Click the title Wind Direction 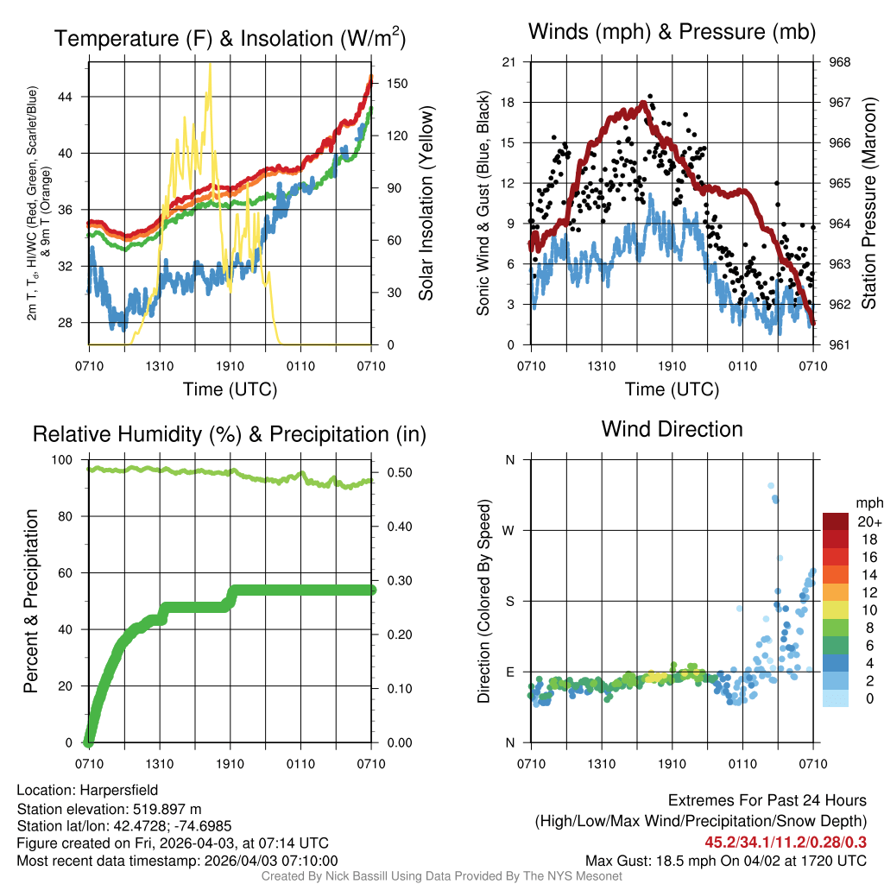672,429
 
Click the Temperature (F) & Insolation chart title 230,39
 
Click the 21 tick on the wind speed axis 509,62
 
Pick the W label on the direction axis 509,530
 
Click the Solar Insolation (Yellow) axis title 426,204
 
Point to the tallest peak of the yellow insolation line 209,65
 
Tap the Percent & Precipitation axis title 31,601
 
